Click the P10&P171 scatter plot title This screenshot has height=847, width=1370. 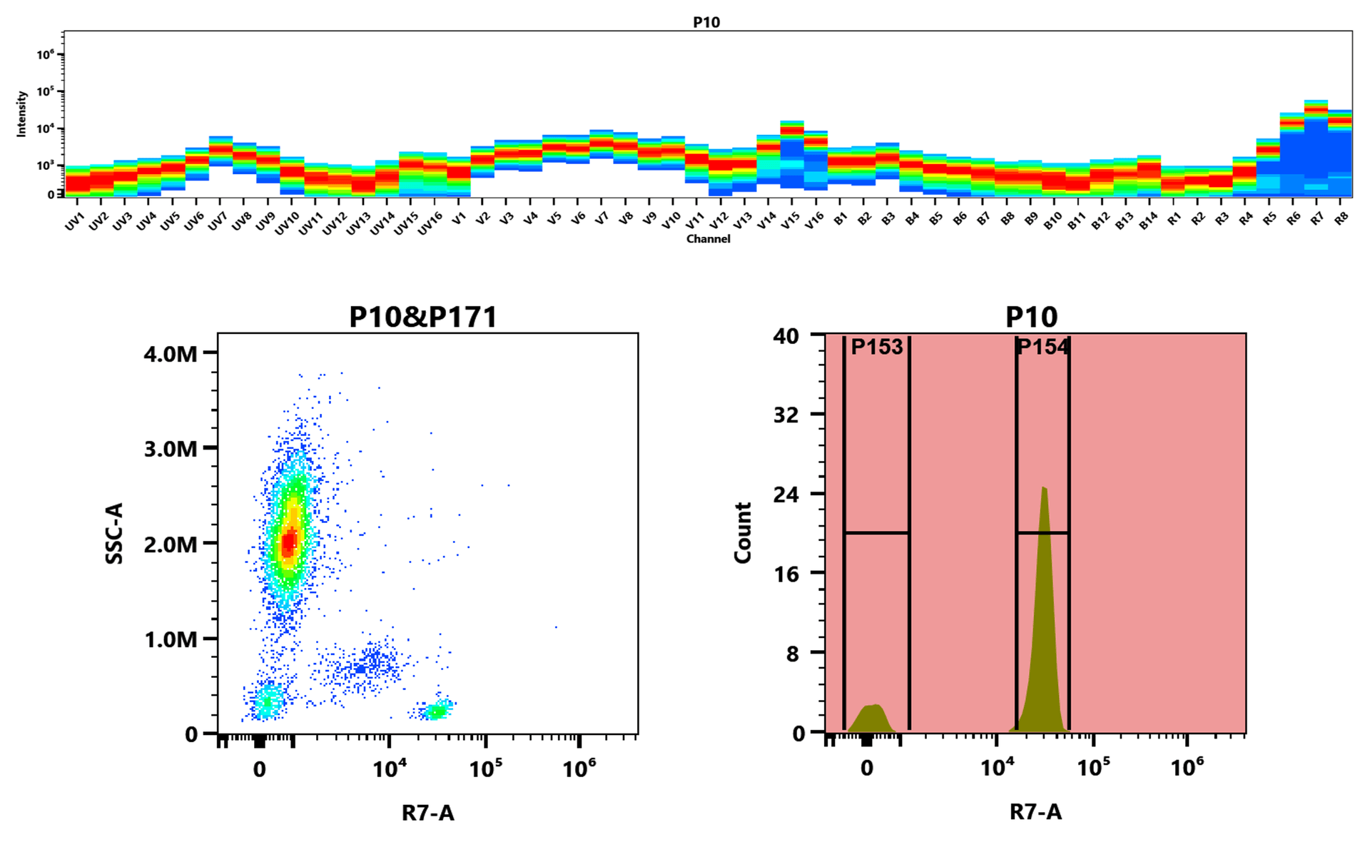pyautogui.click(x=422, y=317)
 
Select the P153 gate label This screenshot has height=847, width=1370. pyautogui.click(x=876, y=347)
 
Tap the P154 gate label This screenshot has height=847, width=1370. pyautogui.click(x=1042, y=347)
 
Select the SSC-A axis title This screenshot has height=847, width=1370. pyautogui.click(x=114, y=533)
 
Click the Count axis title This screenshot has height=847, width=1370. pyautogui.click(x=743, y=533)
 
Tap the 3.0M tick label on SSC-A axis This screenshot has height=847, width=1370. pyautogui.click(x=170, y=449)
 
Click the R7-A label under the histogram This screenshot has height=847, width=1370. pyautogui.click(x=1035, y=812)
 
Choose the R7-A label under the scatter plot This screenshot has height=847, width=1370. pyautogui.click(x=427, y=813)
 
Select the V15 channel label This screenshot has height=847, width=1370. pyautogui.click(x=790, y=222)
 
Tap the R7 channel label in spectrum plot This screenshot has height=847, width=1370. pyautogui.click(x=1317, y=219)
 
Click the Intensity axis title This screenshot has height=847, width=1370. pyautogui.click(x=21, y=113)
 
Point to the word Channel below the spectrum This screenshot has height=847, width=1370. pyautogui.click(x=708, y=239)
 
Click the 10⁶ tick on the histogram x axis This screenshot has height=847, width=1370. pyautogui.click(x=1187, y=768)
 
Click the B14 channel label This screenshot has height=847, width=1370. pyautogui.click(x=1147, y=222)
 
